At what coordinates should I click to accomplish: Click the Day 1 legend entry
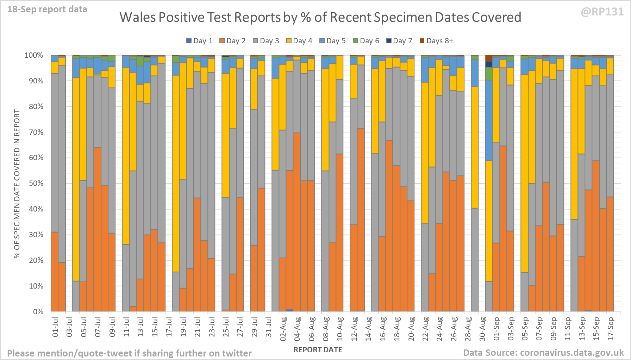pos(199,41)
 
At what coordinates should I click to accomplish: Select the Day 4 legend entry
pos(299,41)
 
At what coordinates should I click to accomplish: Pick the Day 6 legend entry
pos(366,41)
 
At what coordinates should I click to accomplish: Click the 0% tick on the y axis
pos(38,312)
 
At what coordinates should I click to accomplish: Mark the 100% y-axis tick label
pos(33,55)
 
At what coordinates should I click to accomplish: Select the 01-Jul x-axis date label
pos(55,327)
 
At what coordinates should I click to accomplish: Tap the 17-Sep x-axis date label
pos(611,328)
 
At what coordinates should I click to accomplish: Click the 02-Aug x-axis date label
pos(283,328)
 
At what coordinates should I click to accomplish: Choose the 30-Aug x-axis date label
pos(482,328)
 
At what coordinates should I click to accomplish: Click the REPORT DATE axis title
pos(318,350)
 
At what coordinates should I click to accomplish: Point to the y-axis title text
pos(17,183)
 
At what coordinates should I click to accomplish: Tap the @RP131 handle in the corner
pos(602,12)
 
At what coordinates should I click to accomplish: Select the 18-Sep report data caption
pos(47,10)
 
